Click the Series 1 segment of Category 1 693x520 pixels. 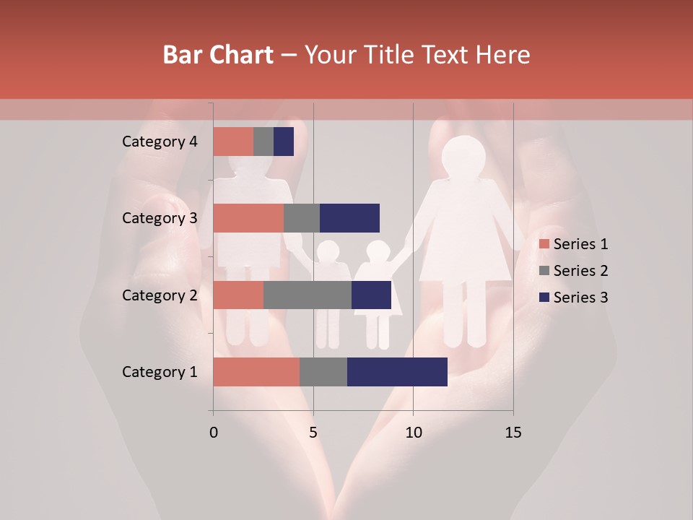click(x=256, y=372)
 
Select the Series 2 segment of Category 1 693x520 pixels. click(x=323, y=372)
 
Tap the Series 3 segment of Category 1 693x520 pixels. click(x=397, y=372)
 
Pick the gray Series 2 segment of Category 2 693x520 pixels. click(x=308, y=295)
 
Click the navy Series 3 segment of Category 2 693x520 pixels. click(x=371, y=295)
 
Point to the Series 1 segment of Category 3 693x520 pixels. click(x=248, y=218)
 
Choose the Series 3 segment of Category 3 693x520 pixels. click(x=349, y=218)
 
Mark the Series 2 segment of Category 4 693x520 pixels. click(x=263, y=142)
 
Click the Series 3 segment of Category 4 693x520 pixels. click(x=284, y=142)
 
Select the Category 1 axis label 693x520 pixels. click(x=160, y=372)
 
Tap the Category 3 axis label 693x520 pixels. click(x=160, y=218)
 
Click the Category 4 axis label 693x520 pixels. click(x=160, y=142)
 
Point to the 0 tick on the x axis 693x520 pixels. click(x=214, y=433)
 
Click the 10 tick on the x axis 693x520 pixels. click(x=413, y=433)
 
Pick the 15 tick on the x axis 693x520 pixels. click(x=513, y=433)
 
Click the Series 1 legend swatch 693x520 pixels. click(x=544, y=244)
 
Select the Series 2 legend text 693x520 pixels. click(x=580, y=271)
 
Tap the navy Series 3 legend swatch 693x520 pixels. click(x=544, y=298)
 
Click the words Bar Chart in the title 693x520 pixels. click(x=218, y=55)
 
